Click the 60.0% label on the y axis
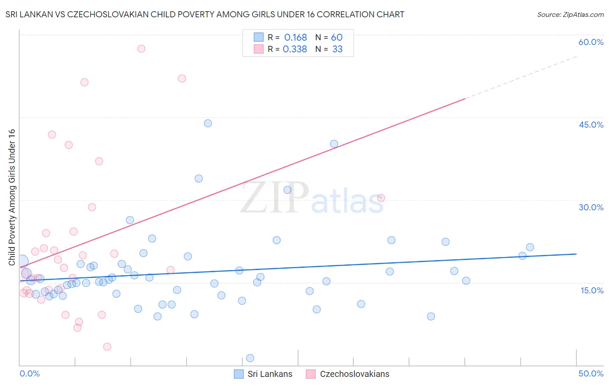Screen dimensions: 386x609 click(x=591, y=42)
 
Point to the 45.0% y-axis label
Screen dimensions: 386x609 click(x=591, y=125)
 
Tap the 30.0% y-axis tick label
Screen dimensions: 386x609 click(x=591, y=207)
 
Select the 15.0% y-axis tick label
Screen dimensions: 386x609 click(x=592, y=290)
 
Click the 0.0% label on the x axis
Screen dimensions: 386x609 click(x=29, y=373)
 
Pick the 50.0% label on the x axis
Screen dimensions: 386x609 click(x=591, y=373)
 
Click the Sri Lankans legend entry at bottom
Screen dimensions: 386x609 click(x=269, y=374)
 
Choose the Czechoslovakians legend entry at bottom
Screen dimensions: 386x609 click(x=354, y=374)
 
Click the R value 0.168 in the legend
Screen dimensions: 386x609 click(x=295, y=38)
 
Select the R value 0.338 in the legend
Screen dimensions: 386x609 click(x=295, y=49)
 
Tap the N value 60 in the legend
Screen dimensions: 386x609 click(x=337, y=38)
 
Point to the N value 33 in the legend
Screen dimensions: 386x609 click(x=337, y=49)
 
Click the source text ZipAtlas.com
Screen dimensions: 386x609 click(x=570, y=15)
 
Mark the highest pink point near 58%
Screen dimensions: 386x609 click(x=141, y=48)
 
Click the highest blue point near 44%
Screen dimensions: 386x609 click(x=208, y=123)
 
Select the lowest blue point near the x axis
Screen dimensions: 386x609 click(x=250, y=358)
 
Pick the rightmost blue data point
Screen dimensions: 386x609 click(x=530, y=247)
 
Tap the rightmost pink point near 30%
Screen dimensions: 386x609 click(x=381, y=198)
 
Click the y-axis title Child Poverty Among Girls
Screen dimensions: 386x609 click(x=12, y=197)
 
